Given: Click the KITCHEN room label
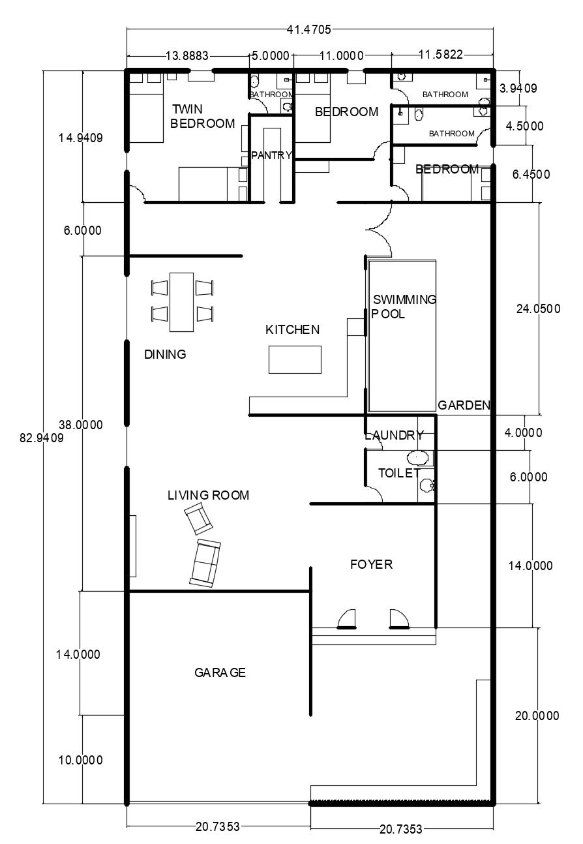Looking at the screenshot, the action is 292,330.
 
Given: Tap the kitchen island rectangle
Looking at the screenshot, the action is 295,359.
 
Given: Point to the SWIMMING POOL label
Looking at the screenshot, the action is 404,307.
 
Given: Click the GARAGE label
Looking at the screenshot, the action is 220,672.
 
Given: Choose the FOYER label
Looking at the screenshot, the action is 372,564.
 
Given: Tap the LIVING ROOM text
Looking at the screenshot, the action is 208,496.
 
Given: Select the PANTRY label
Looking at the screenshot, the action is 271,155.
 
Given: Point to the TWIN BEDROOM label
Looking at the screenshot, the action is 202,116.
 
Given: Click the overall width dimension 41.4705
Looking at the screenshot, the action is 309,29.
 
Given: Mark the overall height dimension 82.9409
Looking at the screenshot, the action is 42,438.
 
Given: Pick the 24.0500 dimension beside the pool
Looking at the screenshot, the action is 538,309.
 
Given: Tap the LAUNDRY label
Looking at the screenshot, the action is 394,436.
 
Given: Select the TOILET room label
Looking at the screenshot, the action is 399,474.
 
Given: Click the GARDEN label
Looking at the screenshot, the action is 464,405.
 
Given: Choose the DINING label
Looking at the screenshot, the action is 165,355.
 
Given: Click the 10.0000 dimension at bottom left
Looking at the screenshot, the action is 81,761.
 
